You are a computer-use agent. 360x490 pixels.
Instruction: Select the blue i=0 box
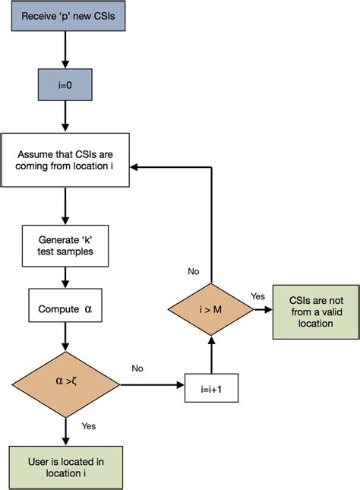[x=65, y=86]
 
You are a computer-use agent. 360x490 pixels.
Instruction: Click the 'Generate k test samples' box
[x=65, y=245]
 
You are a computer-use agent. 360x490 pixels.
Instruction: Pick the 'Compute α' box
[x=65, y=310]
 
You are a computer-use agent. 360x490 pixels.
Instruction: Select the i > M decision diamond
[x=210, y=309]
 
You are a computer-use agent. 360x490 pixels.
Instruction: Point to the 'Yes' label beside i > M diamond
[x=258, y=296]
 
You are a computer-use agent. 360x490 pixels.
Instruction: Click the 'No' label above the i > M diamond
[x=194, y=270]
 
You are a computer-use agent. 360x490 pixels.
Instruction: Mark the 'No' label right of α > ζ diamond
[x=137, y=368]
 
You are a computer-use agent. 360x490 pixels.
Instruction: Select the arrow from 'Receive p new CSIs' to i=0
[x=65, y=52]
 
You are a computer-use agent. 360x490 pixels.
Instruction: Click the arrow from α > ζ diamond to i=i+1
[x=152, y=384]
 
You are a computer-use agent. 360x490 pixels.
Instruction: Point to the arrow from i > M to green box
[x=262, y=309]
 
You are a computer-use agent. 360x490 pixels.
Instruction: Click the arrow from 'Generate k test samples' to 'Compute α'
[x=65, y=273]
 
